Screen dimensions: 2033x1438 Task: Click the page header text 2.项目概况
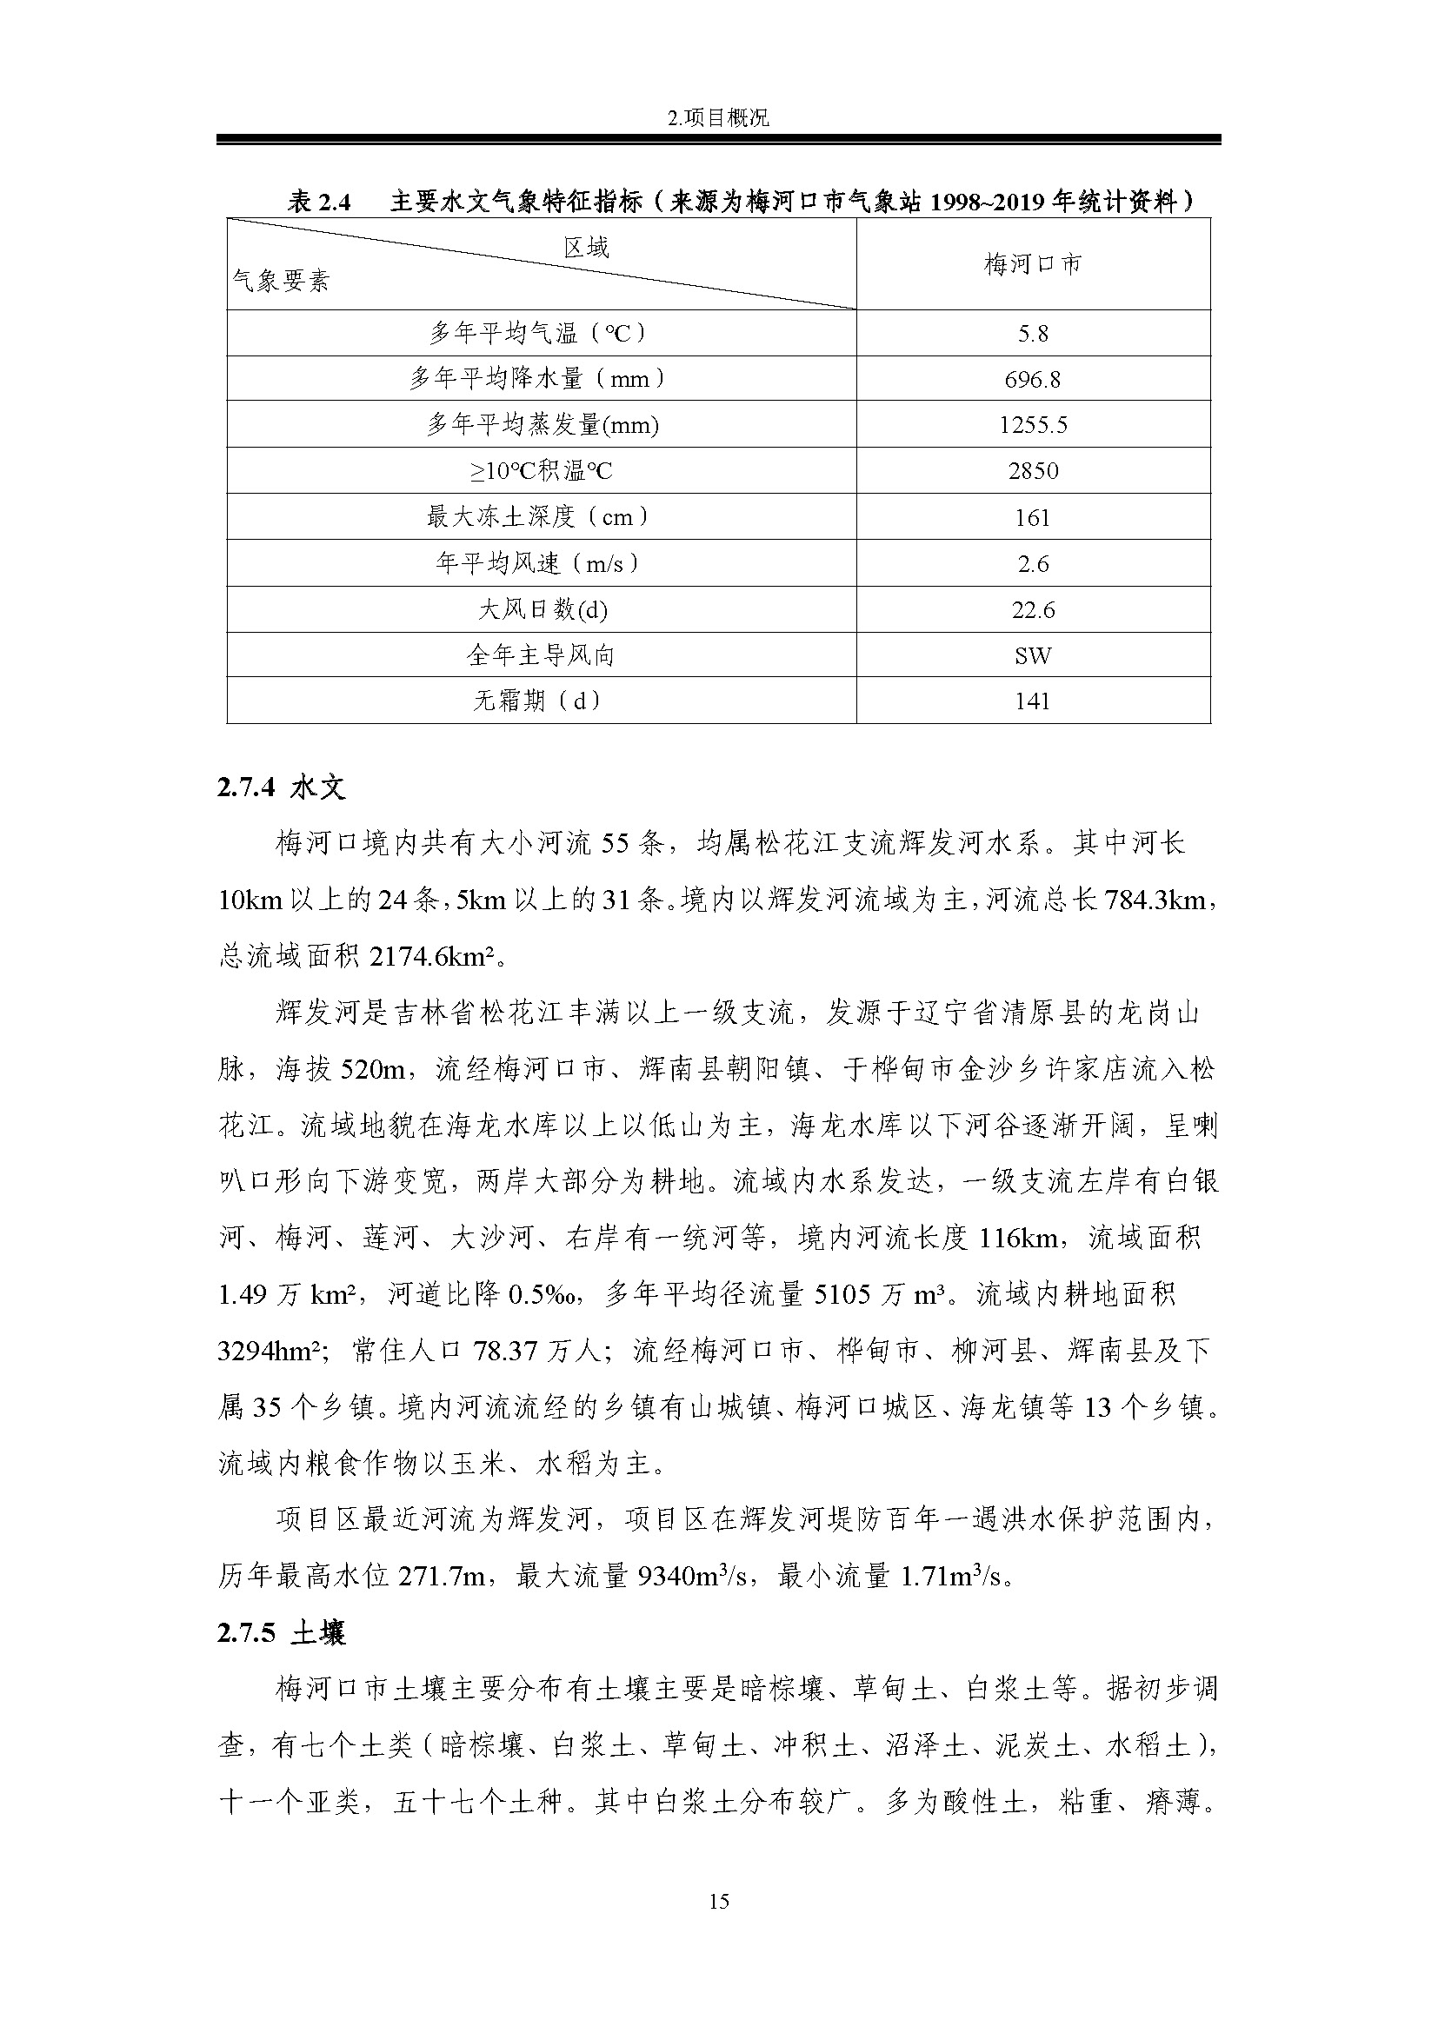[718, 117]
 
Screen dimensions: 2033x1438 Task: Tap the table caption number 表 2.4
[319, 203]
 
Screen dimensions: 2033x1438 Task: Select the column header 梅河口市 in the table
[1033, 264]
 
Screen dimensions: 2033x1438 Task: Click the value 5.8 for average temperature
[1033, 334]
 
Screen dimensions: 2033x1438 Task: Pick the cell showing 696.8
[1033, 380]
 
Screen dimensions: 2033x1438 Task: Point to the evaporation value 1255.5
[1033, 425]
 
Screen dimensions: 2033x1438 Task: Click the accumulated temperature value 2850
[1033, 471]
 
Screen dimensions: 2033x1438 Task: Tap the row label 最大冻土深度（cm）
[540, 517]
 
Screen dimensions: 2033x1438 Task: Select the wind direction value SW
[1033, 656]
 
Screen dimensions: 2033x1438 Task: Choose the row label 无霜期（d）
[540, 701]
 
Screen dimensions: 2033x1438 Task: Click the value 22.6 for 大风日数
[1033, 610]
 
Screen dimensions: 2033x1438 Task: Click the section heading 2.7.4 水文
[281, 787]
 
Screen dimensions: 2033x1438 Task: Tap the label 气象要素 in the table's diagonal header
[281, 282]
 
